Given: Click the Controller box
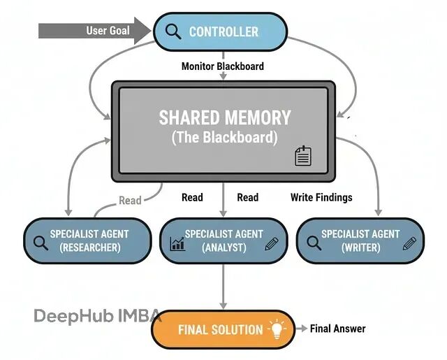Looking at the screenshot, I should [x=220, y=31].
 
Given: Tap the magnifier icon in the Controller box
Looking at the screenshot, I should [x=171, y=31].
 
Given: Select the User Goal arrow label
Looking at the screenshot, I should [x=108, y=31].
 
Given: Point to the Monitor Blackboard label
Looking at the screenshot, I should [x=223, y=66].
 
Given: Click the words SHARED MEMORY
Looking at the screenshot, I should [x=224, y=117].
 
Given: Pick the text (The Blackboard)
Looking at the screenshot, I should [x=224, y=137].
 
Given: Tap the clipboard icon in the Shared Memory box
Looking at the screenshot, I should [x=302, y=156].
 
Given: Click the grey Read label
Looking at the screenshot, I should [x=130, y=201].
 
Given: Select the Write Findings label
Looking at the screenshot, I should [x=321, y=197].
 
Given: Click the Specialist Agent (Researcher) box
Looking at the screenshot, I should [x=87, y=241].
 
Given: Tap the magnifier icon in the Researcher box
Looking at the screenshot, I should [x=40, y=243].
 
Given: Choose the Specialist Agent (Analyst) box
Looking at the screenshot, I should [x=223, y=241].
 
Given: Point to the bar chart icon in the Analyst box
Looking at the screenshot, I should [x=177, y=243].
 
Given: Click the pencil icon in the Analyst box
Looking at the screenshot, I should [x=272, y=243].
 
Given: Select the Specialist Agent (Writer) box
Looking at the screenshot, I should [x=360, y=241].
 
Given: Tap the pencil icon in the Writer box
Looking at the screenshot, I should [x=409, y=243].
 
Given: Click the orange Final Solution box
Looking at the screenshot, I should [x=223, y=329].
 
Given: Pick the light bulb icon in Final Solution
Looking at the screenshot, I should [x=279, y=329].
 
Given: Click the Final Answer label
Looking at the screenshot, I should [x=337, y=329].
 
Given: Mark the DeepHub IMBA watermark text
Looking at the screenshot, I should [x=98, y=315].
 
